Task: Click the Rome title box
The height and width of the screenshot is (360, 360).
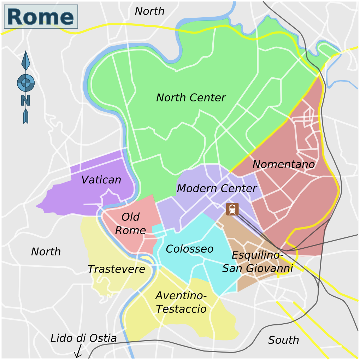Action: (41, 17)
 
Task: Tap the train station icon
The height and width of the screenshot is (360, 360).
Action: (232, 209)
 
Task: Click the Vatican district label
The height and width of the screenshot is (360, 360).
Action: (101, 180)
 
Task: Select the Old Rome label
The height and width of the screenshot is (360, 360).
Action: (130, 224)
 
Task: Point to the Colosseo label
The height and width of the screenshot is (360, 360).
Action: (189, 249)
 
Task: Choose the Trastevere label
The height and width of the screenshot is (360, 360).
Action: (116, 269)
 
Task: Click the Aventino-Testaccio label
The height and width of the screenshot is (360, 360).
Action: (181, 302)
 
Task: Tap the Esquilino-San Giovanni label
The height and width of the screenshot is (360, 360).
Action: (258, 262)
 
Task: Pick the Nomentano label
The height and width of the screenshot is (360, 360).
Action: (283, 164)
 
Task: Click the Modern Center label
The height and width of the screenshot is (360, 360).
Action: (217, 188)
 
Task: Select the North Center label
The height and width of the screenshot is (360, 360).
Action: (191, 98)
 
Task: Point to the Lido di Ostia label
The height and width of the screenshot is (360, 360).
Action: (83, 338)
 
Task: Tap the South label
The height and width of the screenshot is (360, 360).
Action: (283, 340)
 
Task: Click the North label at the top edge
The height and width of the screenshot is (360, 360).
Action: (149, 11)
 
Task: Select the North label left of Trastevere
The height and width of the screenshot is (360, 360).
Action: (46, 252)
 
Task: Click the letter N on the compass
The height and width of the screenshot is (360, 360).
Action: (25, 100)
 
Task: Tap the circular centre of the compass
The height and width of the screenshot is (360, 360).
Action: (26, 83)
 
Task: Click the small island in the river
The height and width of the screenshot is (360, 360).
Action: (150, 261)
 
